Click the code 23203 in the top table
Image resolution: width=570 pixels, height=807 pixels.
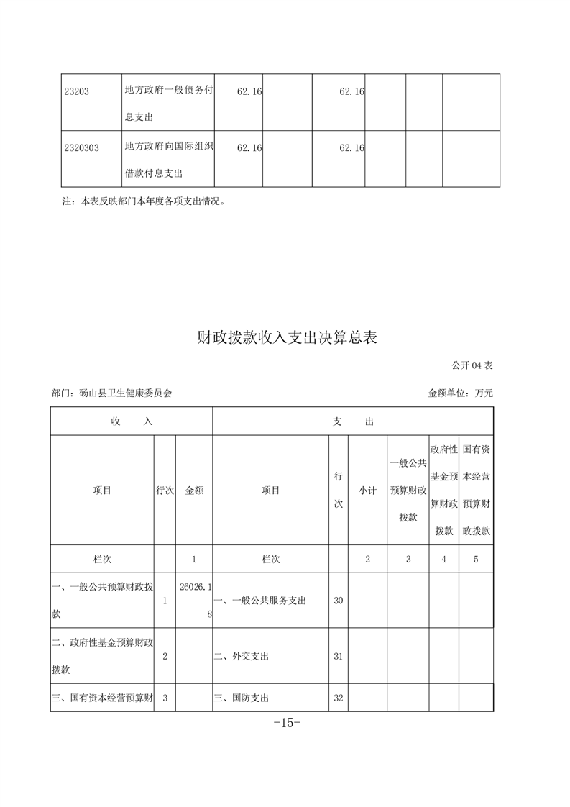[x=76, y=91]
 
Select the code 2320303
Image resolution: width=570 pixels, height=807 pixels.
[x=81, y=147]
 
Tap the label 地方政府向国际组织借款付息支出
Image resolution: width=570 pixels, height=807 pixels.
[x=168, y=160]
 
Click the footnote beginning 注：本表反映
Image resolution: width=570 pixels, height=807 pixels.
[x=145, y=201]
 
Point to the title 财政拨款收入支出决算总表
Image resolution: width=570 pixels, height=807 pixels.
[x=287, y=337]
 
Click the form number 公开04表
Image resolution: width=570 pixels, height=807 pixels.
[x=472, y=365]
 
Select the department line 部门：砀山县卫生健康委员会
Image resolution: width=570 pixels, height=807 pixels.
[x=112, y=393]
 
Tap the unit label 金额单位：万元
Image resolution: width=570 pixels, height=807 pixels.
[x=460, y=393]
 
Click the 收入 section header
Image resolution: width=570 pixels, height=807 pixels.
[x=132, y=421]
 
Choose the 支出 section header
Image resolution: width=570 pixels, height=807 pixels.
[x=353, y=421]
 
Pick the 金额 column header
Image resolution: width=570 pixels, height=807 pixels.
[x=194, y=490]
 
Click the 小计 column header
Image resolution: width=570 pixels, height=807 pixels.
[x=367, y=490]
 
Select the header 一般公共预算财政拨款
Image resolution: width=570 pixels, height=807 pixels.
[x=408, y=490]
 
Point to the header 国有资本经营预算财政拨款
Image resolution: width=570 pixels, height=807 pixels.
[x=476, y=490]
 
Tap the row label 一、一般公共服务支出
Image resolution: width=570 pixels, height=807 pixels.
[x=260, y=600]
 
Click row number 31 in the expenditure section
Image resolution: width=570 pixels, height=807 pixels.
[x=338, y=656]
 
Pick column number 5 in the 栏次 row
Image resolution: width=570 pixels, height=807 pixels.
[x=476, y=559]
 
